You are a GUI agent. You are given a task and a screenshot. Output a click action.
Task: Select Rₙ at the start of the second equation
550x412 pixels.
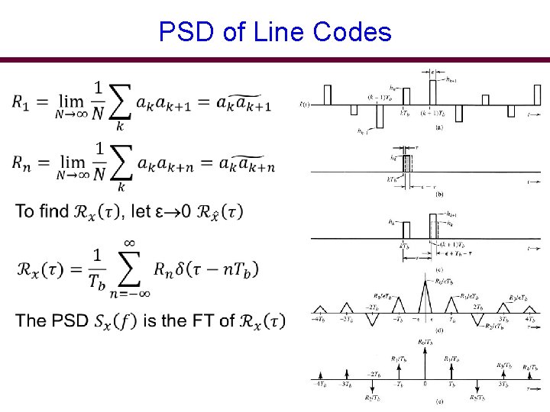pyautogui.click(x=23, y=164)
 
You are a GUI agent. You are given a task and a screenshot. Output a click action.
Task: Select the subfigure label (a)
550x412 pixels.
pyautogui.click(x=438, y=128)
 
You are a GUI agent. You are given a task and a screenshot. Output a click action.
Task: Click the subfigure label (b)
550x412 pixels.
pyautogui.click(x=438, y=195)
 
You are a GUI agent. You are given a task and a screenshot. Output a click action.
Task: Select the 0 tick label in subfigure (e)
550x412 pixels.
pyautogui.click(x=425, y=384)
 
